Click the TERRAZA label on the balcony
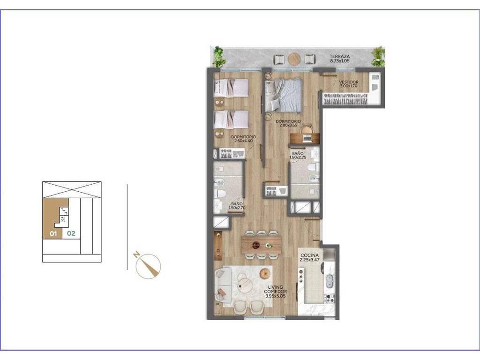(x=339, y=56)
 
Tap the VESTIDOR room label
(x=348, y=82)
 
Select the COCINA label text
(x=309, y=255)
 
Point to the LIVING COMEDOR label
(x=276, y=289)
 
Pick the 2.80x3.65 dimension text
(x=288, y=125)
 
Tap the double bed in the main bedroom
(x=284, y=95)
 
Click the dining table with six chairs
(x=261, y=245)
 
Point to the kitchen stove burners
(x=330, y=298)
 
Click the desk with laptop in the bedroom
(x=305, y=136)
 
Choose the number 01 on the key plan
(x=53, y=234)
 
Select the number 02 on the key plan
(x=71, y=233)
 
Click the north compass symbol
(x=148, y=266)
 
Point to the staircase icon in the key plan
(x=64, y=211)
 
